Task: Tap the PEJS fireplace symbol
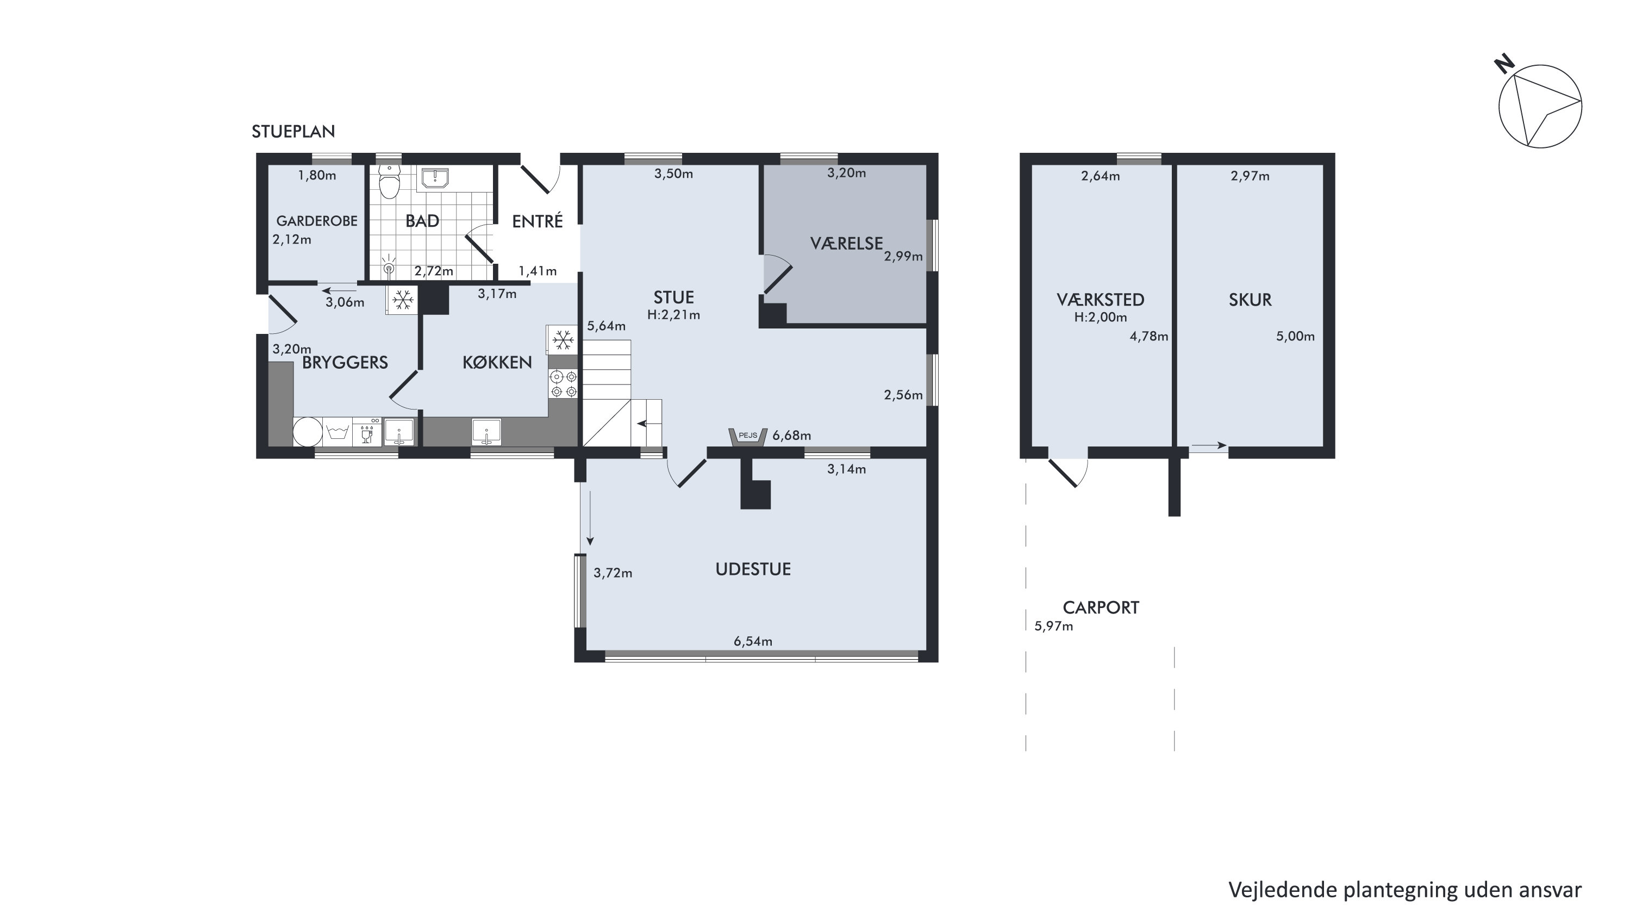point(748,437)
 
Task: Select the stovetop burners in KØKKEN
point(563,383)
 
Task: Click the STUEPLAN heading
point(293,132)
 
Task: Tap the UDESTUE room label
point(753,569)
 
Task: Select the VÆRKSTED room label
point(1101,300)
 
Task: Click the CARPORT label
point(1101,608)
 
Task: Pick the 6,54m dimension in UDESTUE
point(753,641)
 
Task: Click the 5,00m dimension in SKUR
point(1295,336)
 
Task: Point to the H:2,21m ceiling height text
point(674,315)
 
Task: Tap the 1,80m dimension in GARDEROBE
point(317,175)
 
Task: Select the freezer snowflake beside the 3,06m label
point(402,300)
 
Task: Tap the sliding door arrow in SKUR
point(1209,446)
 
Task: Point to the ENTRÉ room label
point(537,221)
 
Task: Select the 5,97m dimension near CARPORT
point(1053,626)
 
